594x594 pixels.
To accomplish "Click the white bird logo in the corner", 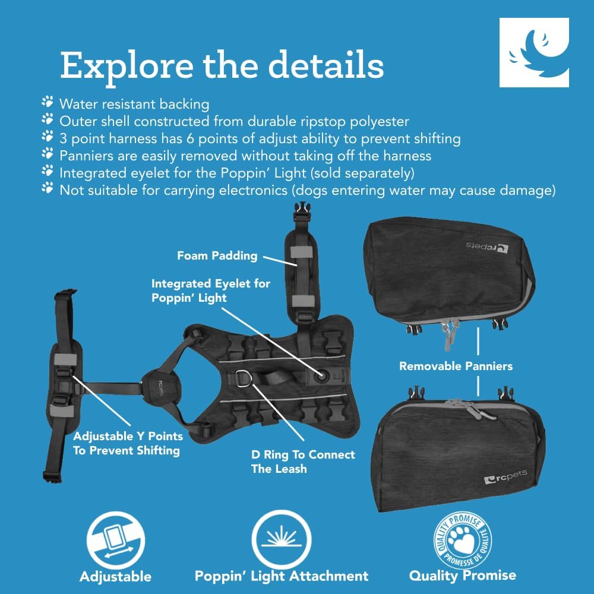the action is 534,52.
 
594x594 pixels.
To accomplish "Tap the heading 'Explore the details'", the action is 222,65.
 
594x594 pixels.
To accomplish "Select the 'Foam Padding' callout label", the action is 217,256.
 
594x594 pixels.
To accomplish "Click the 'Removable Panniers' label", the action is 456,366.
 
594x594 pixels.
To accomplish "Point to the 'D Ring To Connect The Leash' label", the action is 303,462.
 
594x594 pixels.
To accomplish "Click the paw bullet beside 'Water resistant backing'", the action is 48,102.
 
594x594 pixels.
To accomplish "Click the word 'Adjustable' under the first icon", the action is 115,577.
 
